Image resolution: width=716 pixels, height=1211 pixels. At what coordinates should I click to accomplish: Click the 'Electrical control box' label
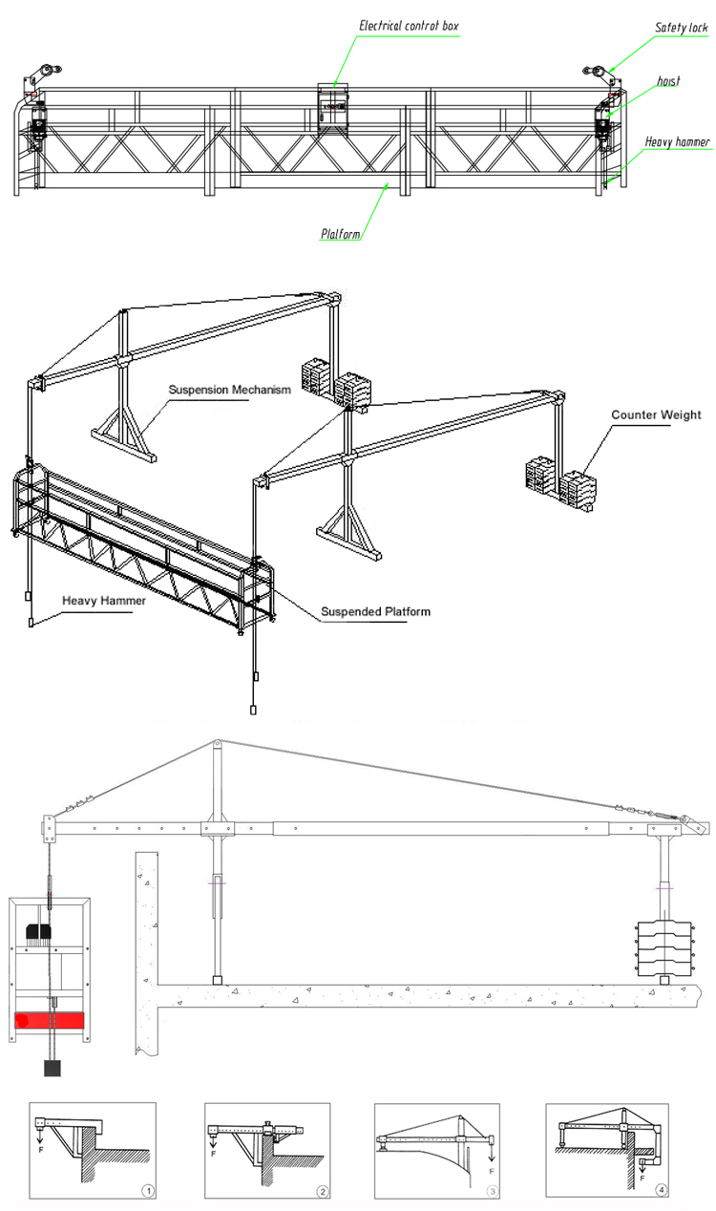[x=409, y=26]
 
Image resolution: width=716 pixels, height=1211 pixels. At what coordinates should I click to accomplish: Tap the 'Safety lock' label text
[x=681, y=28]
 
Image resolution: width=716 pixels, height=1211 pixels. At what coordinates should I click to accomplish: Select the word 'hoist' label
[x=668, y=81]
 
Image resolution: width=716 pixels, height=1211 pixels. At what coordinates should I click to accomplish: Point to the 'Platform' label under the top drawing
[x=340, y=234]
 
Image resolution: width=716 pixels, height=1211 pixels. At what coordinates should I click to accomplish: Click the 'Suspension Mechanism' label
[x=230, y=390]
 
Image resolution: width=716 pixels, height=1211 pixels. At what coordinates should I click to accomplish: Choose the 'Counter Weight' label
[x=656, y=414]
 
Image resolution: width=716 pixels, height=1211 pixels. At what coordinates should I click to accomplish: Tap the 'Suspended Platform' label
[x=375, y=611]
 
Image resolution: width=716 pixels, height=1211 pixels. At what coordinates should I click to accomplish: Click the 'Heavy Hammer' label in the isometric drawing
[x=104, y=601]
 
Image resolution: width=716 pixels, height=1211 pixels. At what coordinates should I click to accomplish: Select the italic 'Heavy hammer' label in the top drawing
[x=677, y=141]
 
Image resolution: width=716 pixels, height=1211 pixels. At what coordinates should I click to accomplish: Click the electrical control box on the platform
[x=333, y=107]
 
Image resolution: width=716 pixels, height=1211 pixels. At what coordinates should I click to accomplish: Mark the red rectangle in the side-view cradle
[x=50, y=1020]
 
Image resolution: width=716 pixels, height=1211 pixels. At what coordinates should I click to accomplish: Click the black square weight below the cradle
[x=52, y=1068]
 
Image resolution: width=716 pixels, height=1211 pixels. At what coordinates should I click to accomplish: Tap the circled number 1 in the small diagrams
[x=148, y=1190]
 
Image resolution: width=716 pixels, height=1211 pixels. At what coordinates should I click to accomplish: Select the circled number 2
[x=322, y=1191]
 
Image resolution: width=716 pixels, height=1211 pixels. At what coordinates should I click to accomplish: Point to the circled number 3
[x=492, y=1191]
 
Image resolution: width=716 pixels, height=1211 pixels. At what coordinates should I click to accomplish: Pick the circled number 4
[x=661, y=1190]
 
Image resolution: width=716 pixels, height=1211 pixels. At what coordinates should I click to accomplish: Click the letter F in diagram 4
[x=642, y=1178]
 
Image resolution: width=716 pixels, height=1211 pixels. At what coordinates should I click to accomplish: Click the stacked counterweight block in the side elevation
[x=664, y=948]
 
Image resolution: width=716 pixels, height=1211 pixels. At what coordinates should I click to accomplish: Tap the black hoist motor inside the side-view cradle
[x=39, y=931]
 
